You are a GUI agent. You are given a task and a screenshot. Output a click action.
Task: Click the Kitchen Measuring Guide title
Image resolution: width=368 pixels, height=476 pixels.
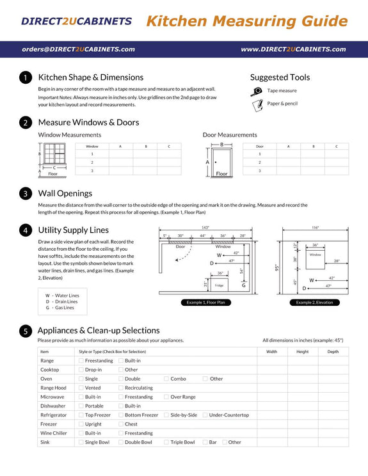246,21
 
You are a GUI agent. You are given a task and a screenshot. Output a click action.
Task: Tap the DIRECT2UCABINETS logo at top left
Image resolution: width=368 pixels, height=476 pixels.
76,21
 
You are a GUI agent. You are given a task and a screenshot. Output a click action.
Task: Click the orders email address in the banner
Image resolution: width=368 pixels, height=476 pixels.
77,49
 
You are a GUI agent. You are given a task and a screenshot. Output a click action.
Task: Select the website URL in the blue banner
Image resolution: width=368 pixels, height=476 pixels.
293,49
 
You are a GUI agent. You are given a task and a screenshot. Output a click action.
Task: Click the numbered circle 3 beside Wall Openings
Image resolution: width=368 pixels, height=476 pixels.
25,193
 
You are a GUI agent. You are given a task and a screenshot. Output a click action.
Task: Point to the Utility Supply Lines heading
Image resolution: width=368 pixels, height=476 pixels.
73,230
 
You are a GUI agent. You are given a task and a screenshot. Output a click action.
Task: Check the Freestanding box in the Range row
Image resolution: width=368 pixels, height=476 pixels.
81,361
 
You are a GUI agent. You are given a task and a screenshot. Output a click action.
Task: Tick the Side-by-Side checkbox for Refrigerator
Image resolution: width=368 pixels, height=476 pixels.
166,415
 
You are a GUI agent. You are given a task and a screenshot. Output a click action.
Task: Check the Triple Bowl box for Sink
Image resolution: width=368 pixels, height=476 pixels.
166,442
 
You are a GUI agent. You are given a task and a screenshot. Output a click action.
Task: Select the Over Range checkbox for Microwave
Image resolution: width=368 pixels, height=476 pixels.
166,397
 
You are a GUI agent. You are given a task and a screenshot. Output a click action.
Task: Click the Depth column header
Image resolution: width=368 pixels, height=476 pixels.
333,351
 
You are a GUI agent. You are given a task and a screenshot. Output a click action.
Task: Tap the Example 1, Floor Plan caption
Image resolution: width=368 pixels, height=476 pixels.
205,302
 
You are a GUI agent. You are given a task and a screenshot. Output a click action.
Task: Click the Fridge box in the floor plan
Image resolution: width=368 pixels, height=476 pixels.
220,284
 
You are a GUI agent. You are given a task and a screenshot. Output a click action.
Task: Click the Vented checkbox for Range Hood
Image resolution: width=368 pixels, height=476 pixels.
81,388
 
